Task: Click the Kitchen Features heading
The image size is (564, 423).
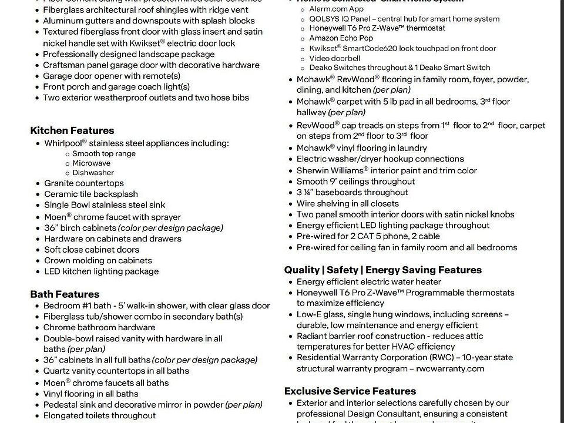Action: pyautogui.click(x=72, y=130)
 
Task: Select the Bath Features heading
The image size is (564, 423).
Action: pyautogui.click(x=65, y=294)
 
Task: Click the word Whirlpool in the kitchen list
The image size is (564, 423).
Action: pyautogui.click(x=63, y=143)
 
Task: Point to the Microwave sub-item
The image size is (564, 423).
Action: pyautogui.click(x=91, y=163)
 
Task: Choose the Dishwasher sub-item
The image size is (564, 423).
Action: pyautogui.click(x=93, y=173)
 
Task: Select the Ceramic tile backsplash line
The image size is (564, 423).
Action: pyautogui.click(x=91, y=194)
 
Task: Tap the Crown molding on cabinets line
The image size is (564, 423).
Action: pyautogui.click(x=98, y=260)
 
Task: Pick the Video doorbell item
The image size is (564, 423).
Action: pyautogui.click(x=335, y=58)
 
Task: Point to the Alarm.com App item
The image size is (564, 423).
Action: pyautogui.click(x=336, y=9)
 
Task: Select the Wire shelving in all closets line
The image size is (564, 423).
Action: pyautogui.click(x=347, y=203)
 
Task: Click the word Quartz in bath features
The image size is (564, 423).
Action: pyautogui.click(x=57, y=371)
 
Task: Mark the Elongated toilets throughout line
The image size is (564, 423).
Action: pyautogui.click(x=99, y=415)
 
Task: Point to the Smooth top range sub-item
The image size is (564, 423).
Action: pyautogui.click(x=104, y=154)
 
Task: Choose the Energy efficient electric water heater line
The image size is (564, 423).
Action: pyautogui.click(x=377, y=281)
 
